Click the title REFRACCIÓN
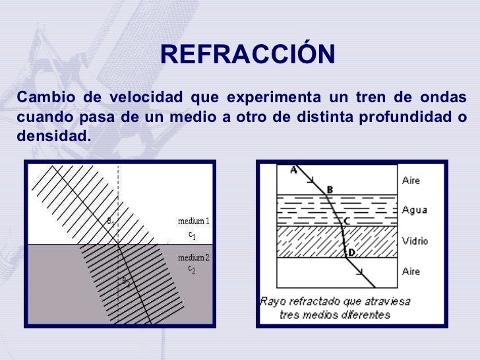pyautogui.click(x=247, y=55)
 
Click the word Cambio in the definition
pyautogui.click(x=42, y=98)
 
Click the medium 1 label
pyautogui.click(x=193, y=221)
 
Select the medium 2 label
pyautogui.click(x=193, y=256)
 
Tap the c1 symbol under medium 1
pyautogui.click(x=193, y=234)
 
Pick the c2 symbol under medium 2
pyautogui.click(x=192, y=270)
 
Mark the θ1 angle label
pyautogui.click(x=111, y=222)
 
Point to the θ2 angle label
pyautogui.click(x=125, y=280)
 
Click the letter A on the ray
pyautogui.click(x=294, y=170)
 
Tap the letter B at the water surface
pyautogui.click(x=330, y=190)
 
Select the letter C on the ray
pyautogui.click(x=346, y=221)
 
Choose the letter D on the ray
pyautogui.click(x=351, y=251)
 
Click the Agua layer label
pyautogui.click(x=414, y=210)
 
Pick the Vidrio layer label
pyautogui.click(x=415, y=241)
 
